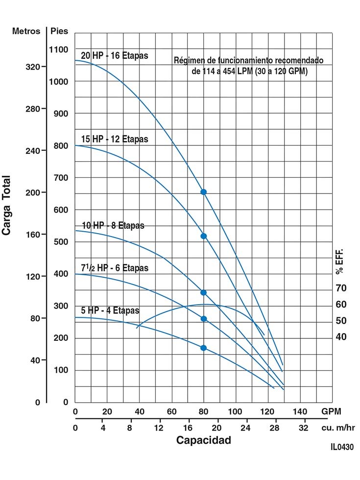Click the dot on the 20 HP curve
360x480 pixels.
click(x=204, y=192)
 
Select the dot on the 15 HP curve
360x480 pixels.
click(x=204, y=236)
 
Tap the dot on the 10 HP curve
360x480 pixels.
click(x=204, y=292)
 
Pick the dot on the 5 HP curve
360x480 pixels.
click(x=204, y=348)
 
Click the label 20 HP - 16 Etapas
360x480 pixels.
click(x=114, y=55)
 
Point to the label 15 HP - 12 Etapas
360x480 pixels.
click(x=114, y=139)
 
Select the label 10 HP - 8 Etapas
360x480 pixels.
click(x=113, y=226)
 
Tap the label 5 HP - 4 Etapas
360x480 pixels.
click(x=110, y=311)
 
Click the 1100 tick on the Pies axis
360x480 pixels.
click(x=59, y=49)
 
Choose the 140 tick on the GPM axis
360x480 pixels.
click(x=299, y=410)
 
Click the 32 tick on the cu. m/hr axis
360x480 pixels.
click(x=304, y=427)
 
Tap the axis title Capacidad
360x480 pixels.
click(x=203, y=440)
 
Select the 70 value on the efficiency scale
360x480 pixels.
click(x=341, y=288)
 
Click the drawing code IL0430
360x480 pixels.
click(x=341, y=447)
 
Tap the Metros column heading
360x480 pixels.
click(x=26, y=31)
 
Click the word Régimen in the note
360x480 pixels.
click(x=189, y=61)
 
